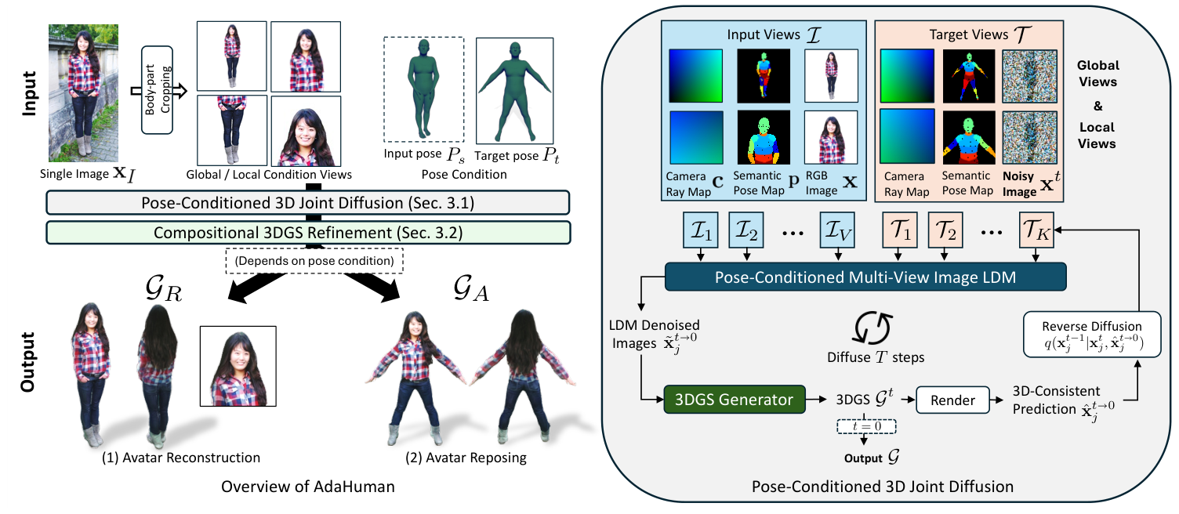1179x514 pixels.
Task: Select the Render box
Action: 952,400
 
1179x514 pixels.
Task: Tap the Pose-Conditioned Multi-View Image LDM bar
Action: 865,276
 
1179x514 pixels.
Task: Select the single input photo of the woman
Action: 84,92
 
